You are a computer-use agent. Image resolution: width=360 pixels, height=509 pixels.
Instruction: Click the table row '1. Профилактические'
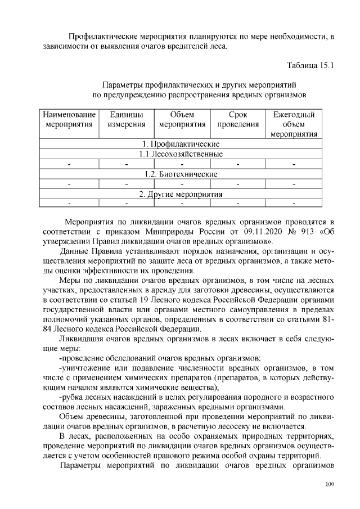[x=181, y=144]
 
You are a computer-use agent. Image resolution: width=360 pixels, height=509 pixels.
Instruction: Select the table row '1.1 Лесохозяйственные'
[x=181, y=154]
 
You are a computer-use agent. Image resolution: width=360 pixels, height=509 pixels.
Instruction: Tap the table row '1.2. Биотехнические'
[x=181, y=174]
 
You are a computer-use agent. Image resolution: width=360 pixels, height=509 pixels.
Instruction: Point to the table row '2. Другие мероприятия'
[x=181, y=195]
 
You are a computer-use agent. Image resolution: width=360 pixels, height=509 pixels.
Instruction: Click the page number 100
[x=329, y=485]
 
